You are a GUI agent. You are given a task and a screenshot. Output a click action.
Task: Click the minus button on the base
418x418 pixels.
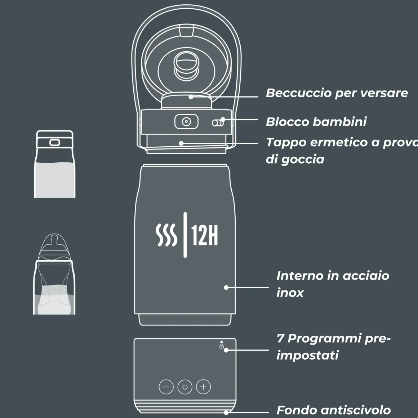[166, 387]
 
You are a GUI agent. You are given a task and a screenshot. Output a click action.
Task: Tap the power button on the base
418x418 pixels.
[185, 387]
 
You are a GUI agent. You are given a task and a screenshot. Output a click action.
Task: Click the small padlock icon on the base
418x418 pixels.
[222, 346]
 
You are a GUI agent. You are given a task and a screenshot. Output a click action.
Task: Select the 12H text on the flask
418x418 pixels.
[204, 235]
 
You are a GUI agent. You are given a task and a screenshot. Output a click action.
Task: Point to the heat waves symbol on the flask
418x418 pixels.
[166, 235]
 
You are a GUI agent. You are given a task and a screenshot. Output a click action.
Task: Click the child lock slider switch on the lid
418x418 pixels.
[218, 123]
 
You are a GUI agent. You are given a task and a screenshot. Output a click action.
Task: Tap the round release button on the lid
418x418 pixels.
[186, 122]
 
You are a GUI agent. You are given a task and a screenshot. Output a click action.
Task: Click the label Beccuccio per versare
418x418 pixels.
[337, 93]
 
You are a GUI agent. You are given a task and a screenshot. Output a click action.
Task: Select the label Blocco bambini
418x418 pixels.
[316, 121]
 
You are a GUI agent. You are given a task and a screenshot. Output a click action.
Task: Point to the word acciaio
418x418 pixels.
[366, 276]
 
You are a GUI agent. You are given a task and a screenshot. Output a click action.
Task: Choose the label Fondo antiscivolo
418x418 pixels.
[334, 410]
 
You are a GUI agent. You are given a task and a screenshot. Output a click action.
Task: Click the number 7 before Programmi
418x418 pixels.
[280, 338]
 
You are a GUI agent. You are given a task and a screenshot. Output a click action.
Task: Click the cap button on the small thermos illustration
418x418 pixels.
[54, 142]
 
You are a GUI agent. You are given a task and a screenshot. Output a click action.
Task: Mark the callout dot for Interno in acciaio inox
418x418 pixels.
[226, 288]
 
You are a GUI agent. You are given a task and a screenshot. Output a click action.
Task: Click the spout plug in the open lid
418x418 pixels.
[186, 65]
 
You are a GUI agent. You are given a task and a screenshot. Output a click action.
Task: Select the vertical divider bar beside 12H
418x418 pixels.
[185, 235]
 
